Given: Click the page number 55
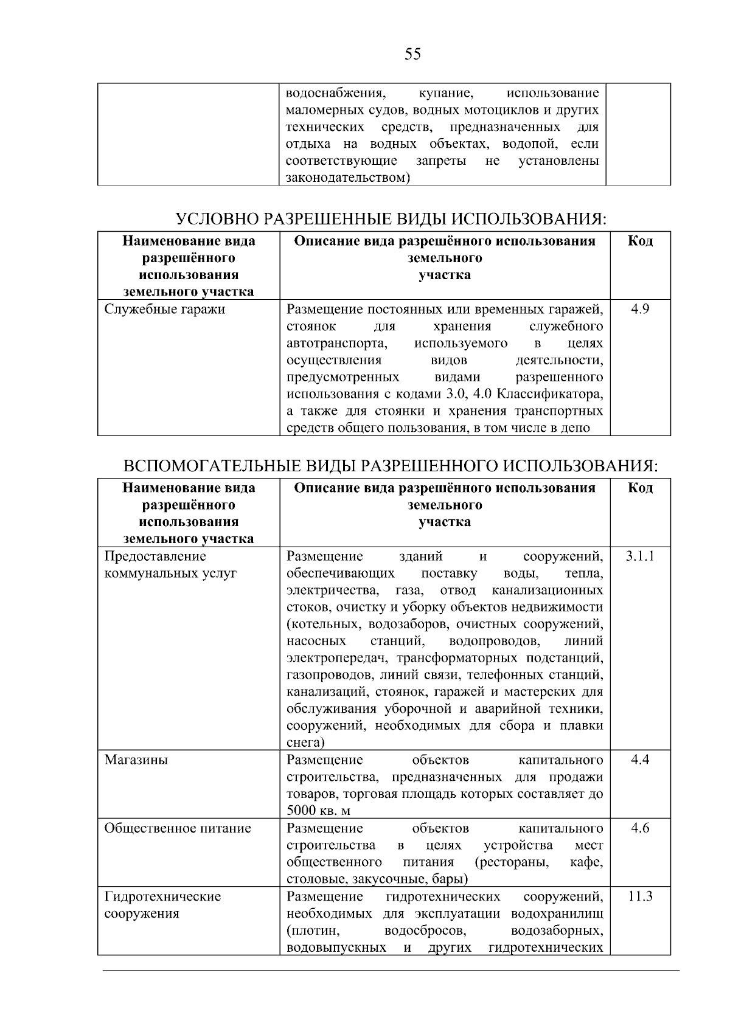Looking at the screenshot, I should pyautogui.click(x=412, y=55).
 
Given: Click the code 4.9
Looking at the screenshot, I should pyautogui.click(x=640, y=310).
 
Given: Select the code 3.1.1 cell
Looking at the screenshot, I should pyautogui.click(x=640, y=556).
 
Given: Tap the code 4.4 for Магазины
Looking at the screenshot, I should pyautogui.click(x=640, y=760).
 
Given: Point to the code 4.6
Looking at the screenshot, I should pyautogui.click(x=640, y=828).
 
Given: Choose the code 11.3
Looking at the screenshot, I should pyautogui.click(x=640, y=896).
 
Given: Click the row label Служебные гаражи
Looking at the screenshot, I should pyautogui.click(x=165, y=310).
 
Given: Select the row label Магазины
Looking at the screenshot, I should pyautogui.click(x=136, y=760).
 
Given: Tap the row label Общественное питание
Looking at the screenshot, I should pyautogui.click(x=178, y=828).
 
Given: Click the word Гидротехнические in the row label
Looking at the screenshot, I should pyautogui.click(x=163, y=896).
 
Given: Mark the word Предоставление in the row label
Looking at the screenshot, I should pyautogui.click(x=155, y=556).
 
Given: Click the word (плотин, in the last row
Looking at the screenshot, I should pyautogui.click(x=312, y=930).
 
